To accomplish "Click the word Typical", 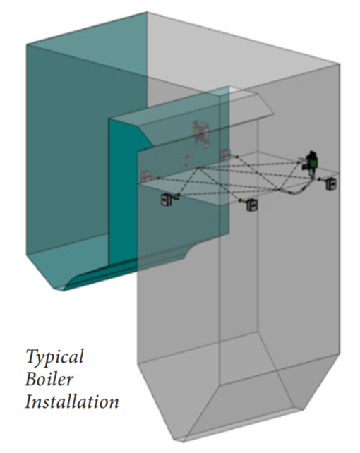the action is click(x=54, y=357).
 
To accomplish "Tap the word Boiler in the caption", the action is click(x=49, y=379).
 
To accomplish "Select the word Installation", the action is click(x=72, y=401).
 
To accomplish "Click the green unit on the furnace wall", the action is click(x=311, y=161).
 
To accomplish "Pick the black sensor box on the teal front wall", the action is click(x=166, y=200).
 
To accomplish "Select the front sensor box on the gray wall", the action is click(x=252, y=205).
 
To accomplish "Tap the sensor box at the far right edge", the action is click(x=331, y=183).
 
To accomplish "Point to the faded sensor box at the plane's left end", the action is click(x=146, y=176).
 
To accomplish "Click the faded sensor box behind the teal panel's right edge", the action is click(x=225, y=155).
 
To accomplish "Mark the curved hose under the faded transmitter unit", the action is click(x=190, y=154).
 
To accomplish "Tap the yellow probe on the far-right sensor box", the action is click(x=322, y=180).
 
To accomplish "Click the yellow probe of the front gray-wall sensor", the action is click(x=243, y=201).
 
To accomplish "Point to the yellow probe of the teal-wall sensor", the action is click(x=175, y=197).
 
